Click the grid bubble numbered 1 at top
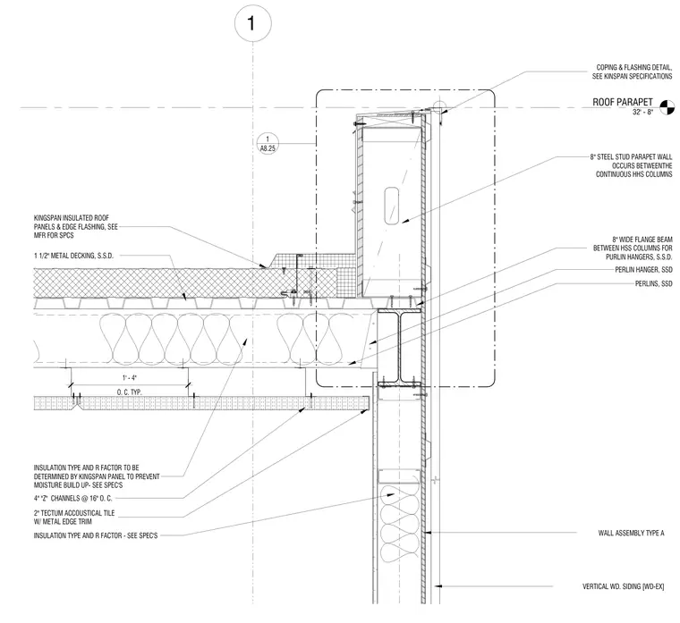coord(253,23)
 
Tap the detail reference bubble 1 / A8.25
coord(268,143)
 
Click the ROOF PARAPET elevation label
coord(623,102)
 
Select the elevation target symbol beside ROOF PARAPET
coord(667,107)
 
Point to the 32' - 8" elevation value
coord(642,113)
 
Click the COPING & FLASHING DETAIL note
coord(633,72)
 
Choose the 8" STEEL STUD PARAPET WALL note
coord(631,165)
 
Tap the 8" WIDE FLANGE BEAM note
coord(633,248)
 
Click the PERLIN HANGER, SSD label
coord(643,269)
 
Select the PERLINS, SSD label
coord(653,283)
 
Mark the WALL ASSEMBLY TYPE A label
coord(631,533)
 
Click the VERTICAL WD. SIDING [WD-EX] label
coord(624,586)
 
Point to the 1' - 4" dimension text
coord(129,378)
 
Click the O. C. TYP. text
coord(129,392)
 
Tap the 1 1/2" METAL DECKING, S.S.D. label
coord(73,256)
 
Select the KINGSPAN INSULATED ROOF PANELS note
coord(75,226)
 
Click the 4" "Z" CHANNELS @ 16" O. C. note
coord(72,498)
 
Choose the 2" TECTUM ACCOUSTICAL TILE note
coord(74,517)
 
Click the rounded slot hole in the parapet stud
coord(392,206)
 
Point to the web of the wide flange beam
coord(399,348)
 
